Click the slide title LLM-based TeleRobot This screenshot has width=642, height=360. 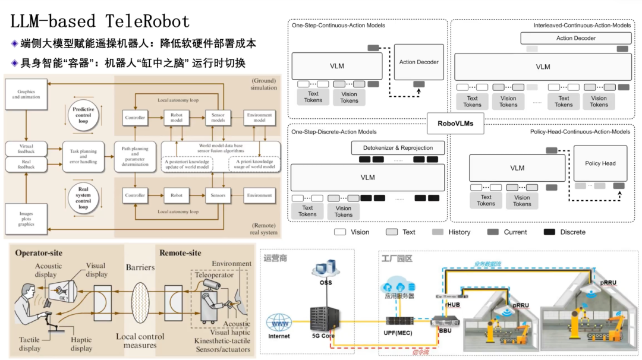pos(100,21)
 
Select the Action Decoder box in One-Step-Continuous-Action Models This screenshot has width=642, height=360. pos(418,62)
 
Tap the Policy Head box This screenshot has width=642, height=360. pos(600,163)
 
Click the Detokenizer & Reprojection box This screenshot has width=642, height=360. pos(392,148)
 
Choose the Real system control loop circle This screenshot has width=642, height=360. pos(83,198)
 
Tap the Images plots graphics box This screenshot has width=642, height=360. pos(26,219)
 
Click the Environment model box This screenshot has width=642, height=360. pos(260,118)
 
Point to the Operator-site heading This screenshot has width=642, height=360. pos(39,253)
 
